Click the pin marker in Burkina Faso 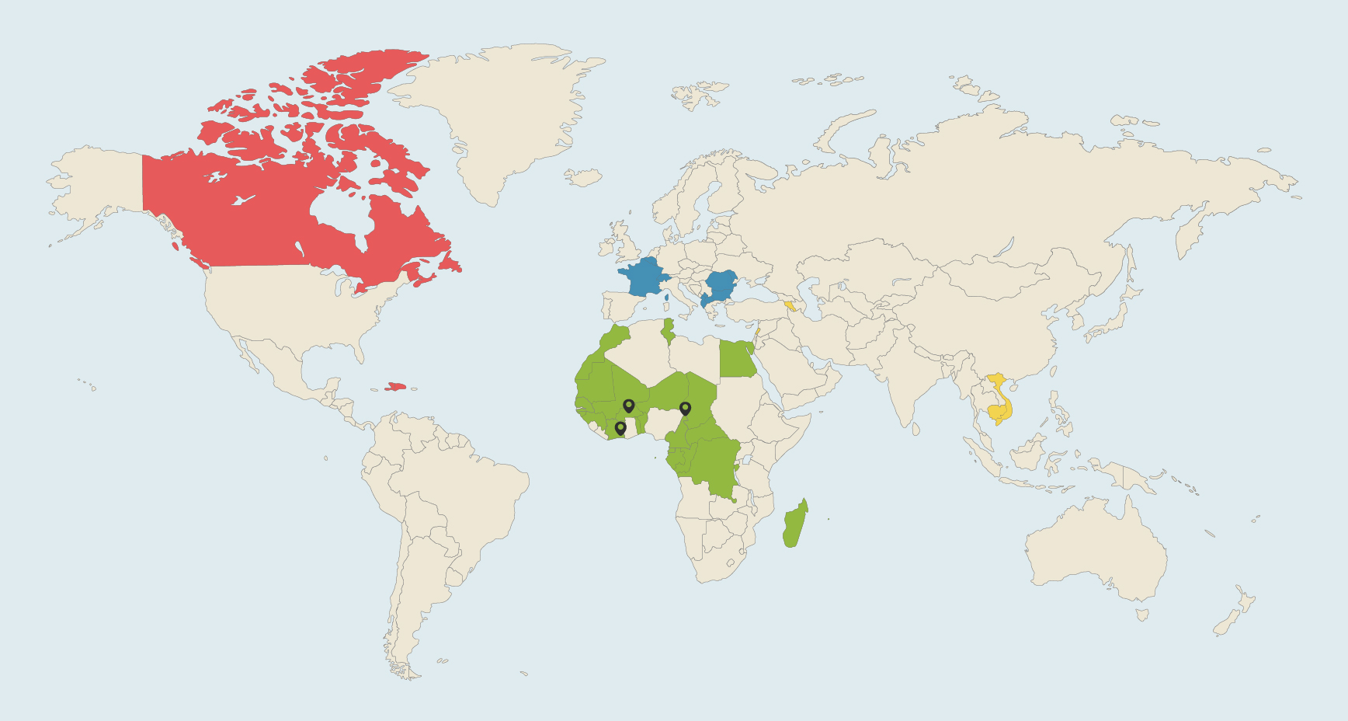(x=629, y=406)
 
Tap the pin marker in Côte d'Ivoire (x=620, y=427)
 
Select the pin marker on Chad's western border (x=685, y=408)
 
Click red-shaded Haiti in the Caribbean (x=395, y=386)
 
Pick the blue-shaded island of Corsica (x=666, y=297)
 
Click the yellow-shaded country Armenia (x=790, y=305)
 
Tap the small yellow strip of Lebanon (x=757, y=331)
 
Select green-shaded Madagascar (x=794, y=525)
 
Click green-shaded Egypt (x=737, y=359)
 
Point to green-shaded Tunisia (x=668, y=330)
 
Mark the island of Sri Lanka (x=916, y=428)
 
